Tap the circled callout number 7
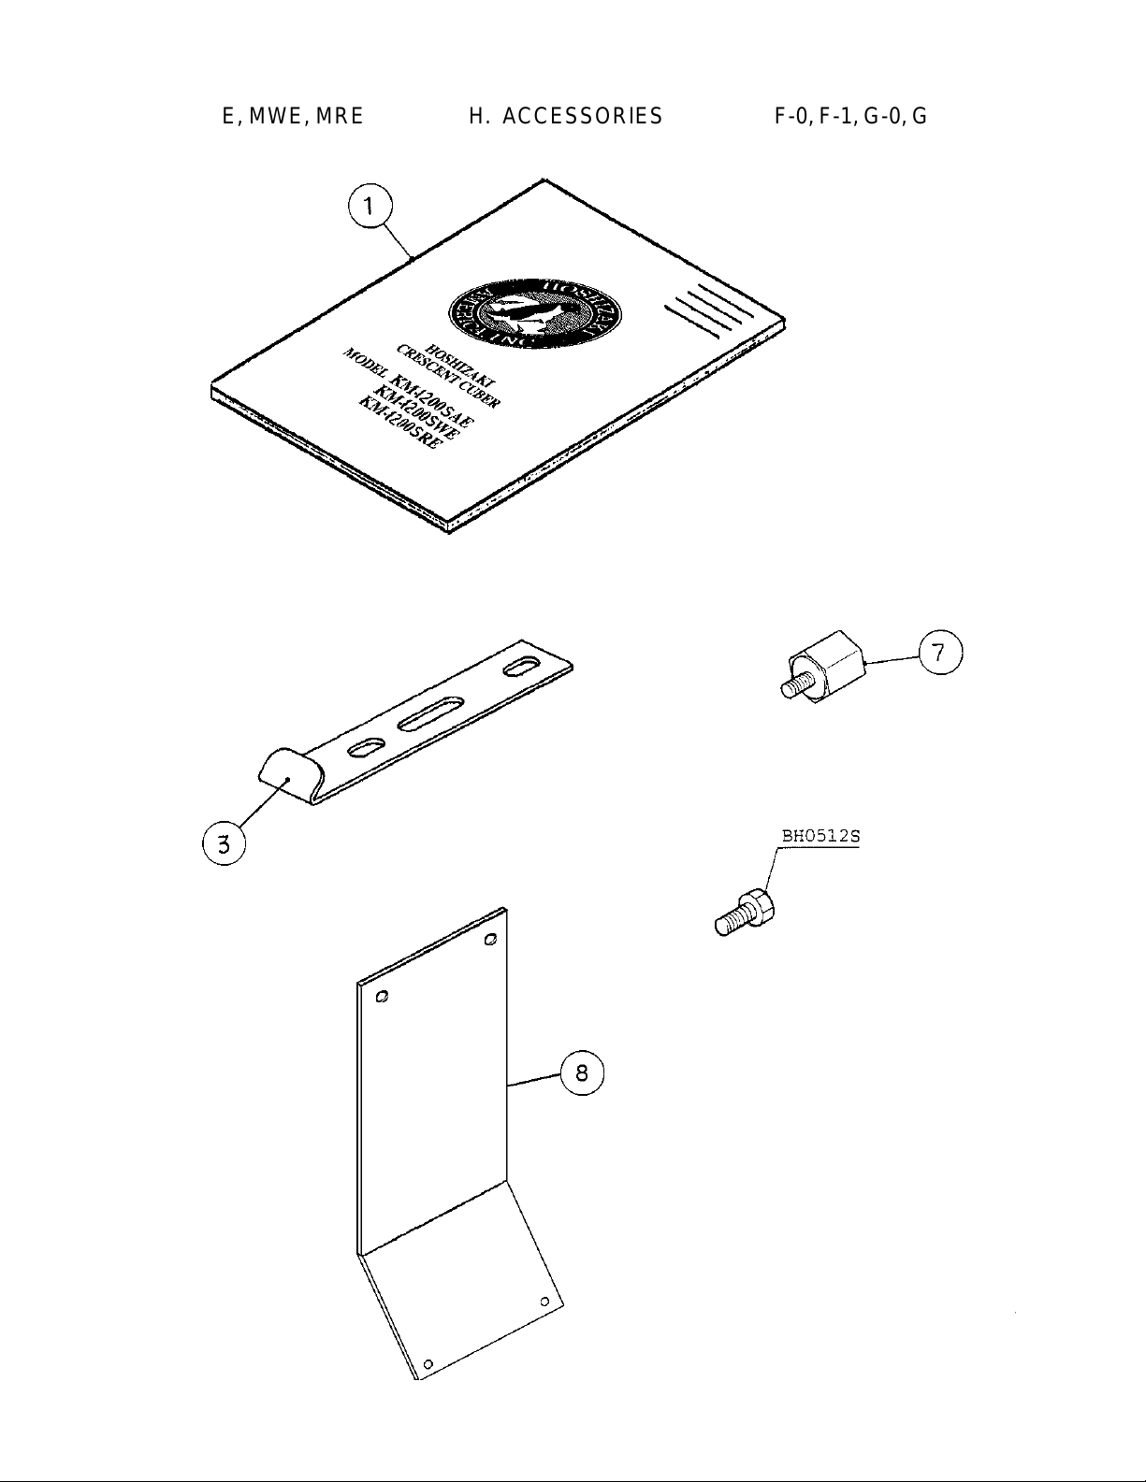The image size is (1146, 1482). (x=940, y=653)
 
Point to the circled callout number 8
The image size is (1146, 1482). (x=582, y=1072)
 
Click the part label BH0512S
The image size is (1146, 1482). (x=820, y=837)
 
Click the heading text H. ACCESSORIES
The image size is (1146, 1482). (x=565, y=116)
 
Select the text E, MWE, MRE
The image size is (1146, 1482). (x=292, y=116)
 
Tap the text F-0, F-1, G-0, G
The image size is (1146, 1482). (x=850, y=116)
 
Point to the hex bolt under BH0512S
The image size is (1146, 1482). (x=746, y=913)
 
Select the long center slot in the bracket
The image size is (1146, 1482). (x=431, y=712)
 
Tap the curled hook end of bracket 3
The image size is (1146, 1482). (x=284, y=771)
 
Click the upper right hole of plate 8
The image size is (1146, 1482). (x=490, y=940)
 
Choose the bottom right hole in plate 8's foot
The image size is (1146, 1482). (x=544, y=1302)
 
